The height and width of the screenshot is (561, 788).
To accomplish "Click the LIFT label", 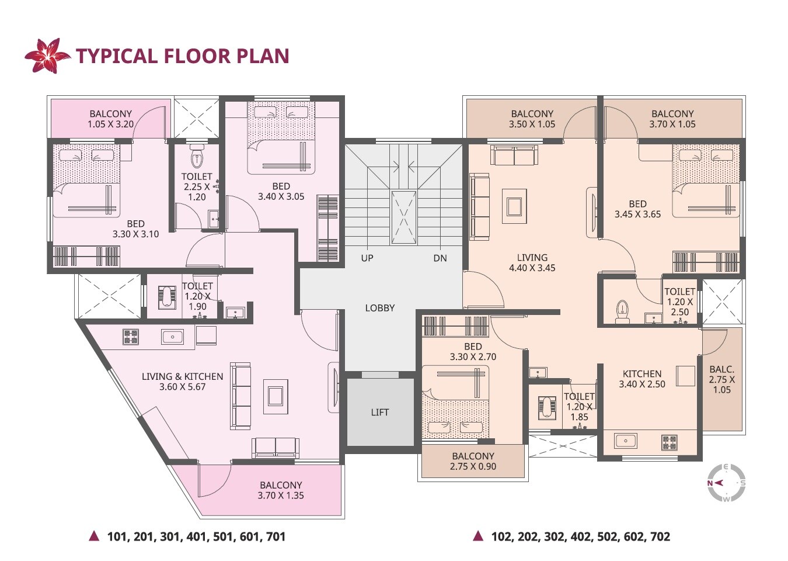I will coord(379,412).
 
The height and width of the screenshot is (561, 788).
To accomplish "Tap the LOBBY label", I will coord(379,308).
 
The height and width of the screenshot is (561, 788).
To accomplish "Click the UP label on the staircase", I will coord(367,258).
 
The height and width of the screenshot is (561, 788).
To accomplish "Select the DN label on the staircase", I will coord(440,258).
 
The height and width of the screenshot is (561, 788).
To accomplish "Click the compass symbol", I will coord(726,483).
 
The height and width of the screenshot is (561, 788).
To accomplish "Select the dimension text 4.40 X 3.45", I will coord(532,268).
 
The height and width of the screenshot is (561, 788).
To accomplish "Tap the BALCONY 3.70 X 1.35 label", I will coord(281,490).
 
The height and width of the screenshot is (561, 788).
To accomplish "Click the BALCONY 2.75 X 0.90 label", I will coord(473,461).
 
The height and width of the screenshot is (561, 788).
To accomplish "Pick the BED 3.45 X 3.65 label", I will coord(637,209).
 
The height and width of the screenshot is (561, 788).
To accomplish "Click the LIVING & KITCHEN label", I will coord(182,382).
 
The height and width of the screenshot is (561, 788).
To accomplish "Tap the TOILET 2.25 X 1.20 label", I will coord(197,186).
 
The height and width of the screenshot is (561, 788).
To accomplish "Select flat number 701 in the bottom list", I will coord(276,536).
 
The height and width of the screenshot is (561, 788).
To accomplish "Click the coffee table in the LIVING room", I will coord(514,206).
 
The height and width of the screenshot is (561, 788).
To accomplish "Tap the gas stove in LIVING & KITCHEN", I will coord(131,337).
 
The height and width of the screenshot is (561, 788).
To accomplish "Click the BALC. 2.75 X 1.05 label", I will coord(722,379).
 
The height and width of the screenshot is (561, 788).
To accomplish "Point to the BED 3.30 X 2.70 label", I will coord(473,352).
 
